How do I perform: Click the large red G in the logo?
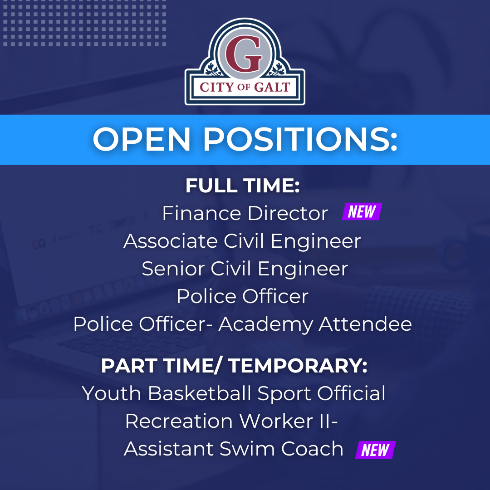(245, 54)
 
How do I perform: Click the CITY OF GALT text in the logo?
(245, 87)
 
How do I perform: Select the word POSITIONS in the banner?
(300, 140)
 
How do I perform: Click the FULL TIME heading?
(243, 186)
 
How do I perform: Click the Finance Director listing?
(245, 213)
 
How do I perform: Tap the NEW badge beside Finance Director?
(362, 212)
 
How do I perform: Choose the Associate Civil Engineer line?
(242, 241)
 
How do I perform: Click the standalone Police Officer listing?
(242, 296)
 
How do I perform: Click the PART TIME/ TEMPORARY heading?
(234, 366)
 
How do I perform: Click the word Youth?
(112, 393)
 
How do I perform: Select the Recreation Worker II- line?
(231, 421)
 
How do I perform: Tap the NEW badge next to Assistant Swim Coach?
(375, 450)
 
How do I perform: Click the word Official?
(351, 393)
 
